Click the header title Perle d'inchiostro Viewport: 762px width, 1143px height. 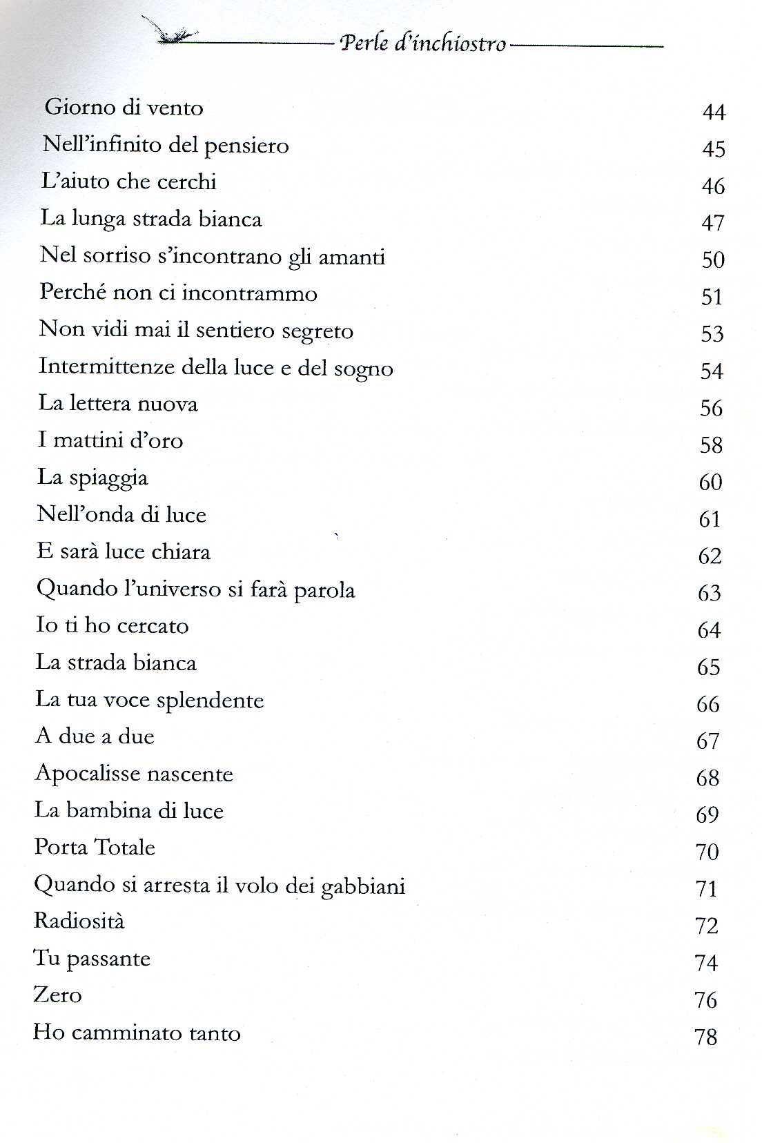click(x=423, y=43)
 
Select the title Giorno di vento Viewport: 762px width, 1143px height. click(x=124, y=108)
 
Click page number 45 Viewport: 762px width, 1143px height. click(x=714, y=149)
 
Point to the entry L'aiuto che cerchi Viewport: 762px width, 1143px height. click(x=128, y=182)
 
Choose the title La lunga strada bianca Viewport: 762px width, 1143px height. click(x=151, y=219)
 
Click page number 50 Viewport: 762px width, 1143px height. click(x=713, y=260)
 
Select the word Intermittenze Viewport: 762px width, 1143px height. click(x=106, y=366)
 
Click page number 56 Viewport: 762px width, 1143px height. click(x=711, y=409)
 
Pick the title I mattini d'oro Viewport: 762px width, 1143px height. click(x=110, y=440)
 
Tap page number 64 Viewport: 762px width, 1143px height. click(x=709, y=630)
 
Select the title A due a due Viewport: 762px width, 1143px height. click(x=95, y=736)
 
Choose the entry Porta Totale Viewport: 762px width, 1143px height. click(x=95, y=847)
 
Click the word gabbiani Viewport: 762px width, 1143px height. click(x=363, y=886)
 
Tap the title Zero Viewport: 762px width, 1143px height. click(x=57, y=995)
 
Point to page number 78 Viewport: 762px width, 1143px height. click(x=706, y=1037)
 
